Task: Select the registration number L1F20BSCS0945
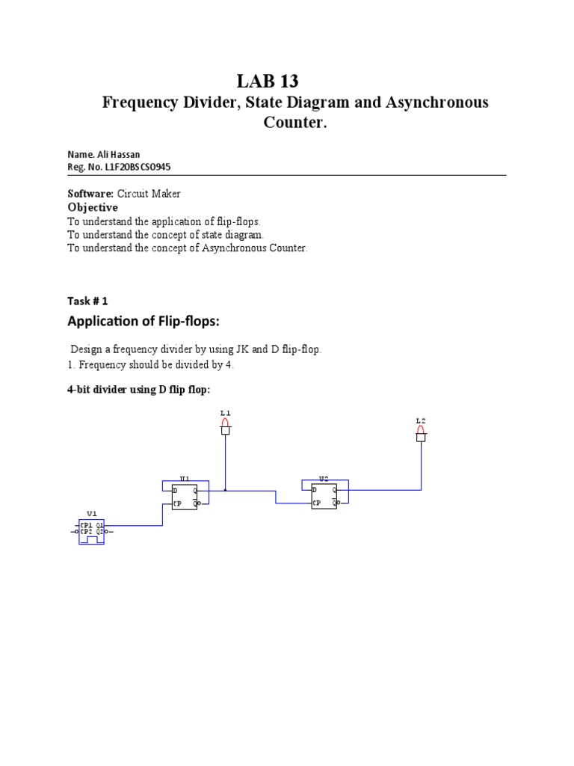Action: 139,167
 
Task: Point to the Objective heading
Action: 93,207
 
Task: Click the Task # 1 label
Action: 87,301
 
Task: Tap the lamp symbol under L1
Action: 226,427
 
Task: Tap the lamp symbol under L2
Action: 421,435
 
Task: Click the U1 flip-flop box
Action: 185,497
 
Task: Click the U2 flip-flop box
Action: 324,497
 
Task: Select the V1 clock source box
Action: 92,530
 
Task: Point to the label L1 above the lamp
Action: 226,413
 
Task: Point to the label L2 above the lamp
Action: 421,421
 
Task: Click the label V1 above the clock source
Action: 91,514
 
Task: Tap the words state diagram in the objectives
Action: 233,235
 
